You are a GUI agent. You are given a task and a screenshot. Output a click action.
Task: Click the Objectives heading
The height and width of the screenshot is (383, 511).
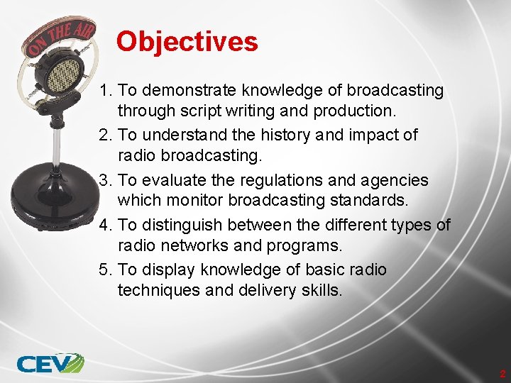pyautogui.click(x=187, y=42)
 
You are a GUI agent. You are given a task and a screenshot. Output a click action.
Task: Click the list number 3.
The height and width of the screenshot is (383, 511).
pyautogui.click(x=106, y=180)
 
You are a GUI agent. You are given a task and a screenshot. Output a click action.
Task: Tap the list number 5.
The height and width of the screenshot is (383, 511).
pyautogui.click(x=106, y=270)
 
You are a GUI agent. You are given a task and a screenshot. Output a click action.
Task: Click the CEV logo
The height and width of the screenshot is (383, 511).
pyautogui.click(x=50, y=363)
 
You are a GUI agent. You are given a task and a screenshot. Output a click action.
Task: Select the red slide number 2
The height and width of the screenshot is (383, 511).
pyautogui.click(x=502, y=374)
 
